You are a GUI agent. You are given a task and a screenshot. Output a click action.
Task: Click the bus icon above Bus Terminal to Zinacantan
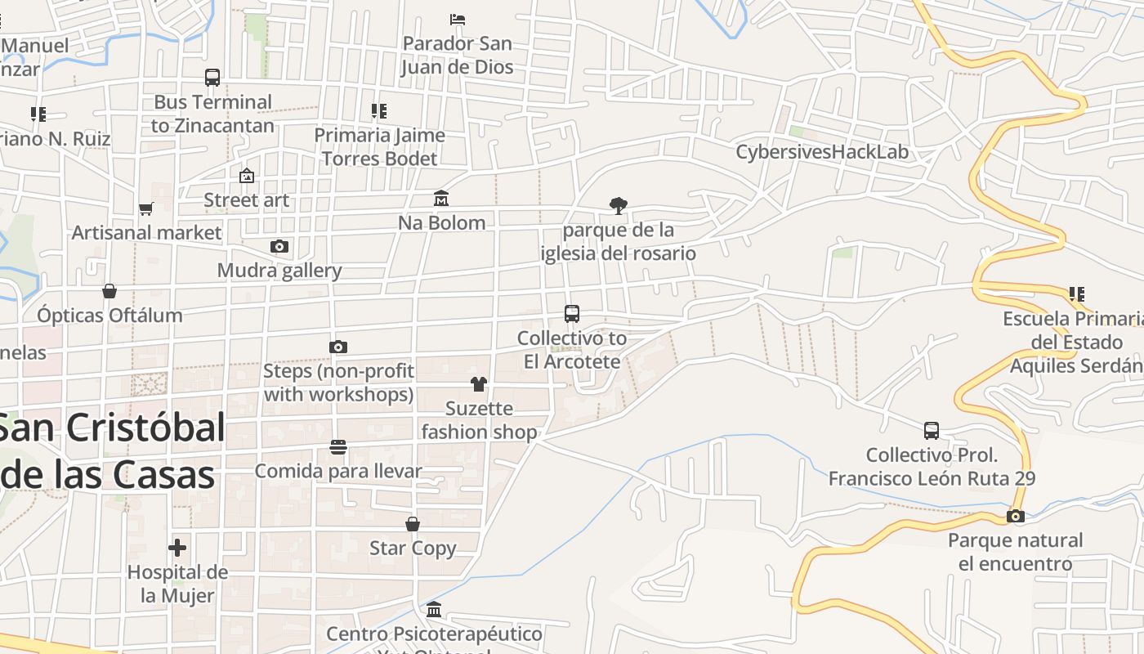click(x=212, y=78)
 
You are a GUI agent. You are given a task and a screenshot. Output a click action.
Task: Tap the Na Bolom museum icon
click(x=441, y=198)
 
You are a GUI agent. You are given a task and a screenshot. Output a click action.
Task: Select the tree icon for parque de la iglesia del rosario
click(x=619, y=205)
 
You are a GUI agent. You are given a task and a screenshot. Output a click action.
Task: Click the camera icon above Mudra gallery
click(x=279, y=246)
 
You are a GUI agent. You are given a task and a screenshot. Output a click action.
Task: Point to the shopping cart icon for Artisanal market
click(x=146, y=208)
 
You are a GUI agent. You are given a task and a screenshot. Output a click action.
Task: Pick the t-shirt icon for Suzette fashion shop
click(x=479, y=383)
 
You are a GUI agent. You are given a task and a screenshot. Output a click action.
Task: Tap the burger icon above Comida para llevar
click(x=338, y=446)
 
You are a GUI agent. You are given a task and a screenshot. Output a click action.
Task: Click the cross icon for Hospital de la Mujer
click(x=177, y=548)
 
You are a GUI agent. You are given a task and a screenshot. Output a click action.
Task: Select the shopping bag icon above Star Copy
click(x=413, y=523)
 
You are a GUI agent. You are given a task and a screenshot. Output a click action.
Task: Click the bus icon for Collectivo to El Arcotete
click(x=572, y=313)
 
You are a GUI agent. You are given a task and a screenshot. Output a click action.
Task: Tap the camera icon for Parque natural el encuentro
click(x=1016, y=516)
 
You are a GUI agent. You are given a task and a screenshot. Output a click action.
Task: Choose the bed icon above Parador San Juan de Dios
click(x=458, y=19)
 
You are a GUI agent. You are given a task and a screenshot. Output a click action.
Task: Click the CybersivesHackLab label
click(x=822, y=152)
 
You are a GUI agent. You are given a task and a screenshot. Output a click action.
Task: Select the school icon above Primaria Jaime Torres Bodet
click(x=379, y=110)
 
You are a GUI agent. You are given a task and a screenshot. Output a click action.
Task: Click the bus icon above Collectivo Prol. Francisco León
click(x=932, y=430)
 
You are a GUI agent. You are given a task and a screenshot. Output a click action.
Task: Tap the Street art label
click(x=246, y=199)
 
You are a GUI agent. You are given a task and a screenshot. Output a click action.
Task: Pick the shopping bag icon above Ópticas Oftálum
click(x=109, y=291)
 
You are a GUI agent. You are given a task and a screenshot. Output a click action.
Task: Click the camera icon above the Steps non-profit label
click(x=338, y=347)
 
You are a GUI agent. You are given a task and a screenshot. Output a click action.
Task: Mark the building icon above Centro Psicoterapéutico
click(x=434, y=609)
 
